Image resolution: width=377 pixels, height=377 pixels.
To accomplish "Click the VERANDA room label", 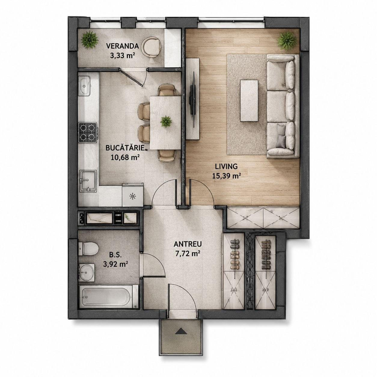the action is (122, 46).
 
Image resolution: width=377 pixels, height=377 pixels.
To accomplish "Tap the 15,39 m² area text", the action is (226, 176).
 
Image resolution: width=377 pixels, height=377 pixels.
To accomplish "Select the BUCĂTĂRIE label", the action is (125, 148).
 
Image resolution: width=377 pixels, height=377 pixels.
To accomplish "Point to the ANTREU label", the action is (188, 244).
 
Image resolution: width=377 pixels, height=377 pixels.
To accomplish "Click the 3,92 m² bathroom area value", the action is (116, 264).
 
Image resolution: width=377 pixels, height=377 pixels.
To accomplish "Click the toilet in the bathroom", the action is (88, 249).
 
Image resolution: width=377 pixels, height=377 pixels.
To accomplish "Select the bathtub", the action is (109, 297).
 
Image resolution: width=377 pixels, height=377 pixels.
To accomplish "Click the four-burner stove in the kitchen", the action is (88, 132).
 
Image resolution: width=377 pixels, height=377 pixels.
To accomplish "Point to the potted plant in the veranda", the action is (90, 40).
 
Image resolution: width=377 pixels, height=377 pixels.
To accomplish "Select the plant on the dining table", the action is (166, 121).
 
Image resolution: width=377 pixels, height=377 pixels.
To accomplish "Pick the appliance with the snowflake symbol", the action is (133, 195).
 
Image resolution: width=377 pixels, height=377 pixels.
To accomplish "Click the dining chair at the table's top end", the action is (167, 90).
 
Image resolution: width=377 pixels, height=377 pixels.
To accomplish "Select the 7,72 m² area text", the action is (188, 254).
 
